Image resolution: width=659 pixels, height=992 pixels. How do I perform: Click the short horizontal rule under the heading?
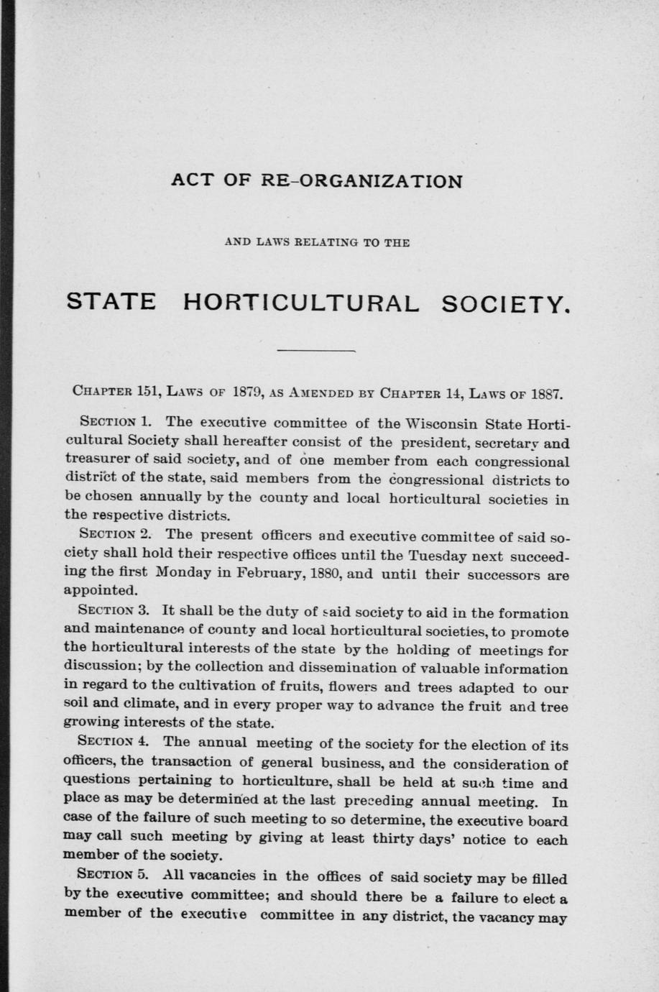pos(317,351)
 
